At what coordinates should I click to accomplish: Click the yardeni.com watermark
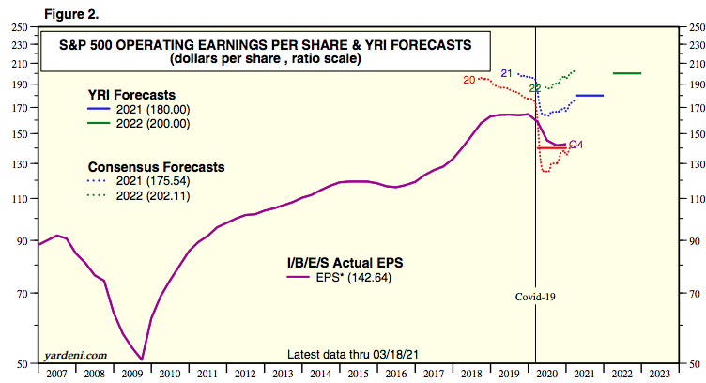[75, 355]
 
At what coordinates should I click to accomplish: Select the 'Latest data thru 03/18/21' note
[358, 354]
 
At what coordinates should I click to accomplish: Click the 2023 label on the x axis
[660, 373]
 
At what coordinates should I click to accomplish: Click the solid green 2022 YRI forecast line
[626, 73]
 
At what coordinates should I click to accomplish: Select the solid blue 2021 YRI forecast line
[589, 96]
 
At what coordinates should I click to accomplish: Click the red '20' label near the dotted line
[469, 81]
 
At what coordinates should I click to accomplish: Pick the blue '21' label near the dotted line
[506, 73]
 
